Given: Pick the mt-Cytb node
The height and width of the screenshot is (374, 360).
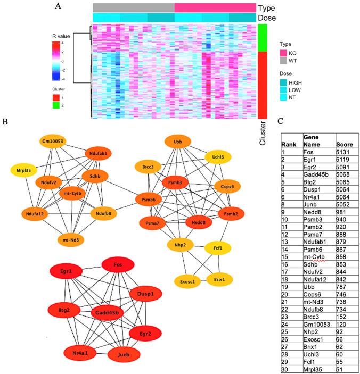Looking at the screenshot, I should point(72,193).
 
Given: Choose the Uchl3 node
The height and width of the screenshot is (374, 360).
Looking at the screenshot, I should point(222,157).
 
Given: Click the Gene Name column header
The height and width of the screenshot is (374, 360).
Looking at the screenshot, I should point(314,140).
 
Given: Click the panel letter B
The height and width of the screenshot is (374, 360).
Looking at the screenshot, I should point(5,122).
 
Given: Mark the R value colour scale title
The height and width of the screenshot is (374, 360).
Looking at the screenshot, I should point(61,36).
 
